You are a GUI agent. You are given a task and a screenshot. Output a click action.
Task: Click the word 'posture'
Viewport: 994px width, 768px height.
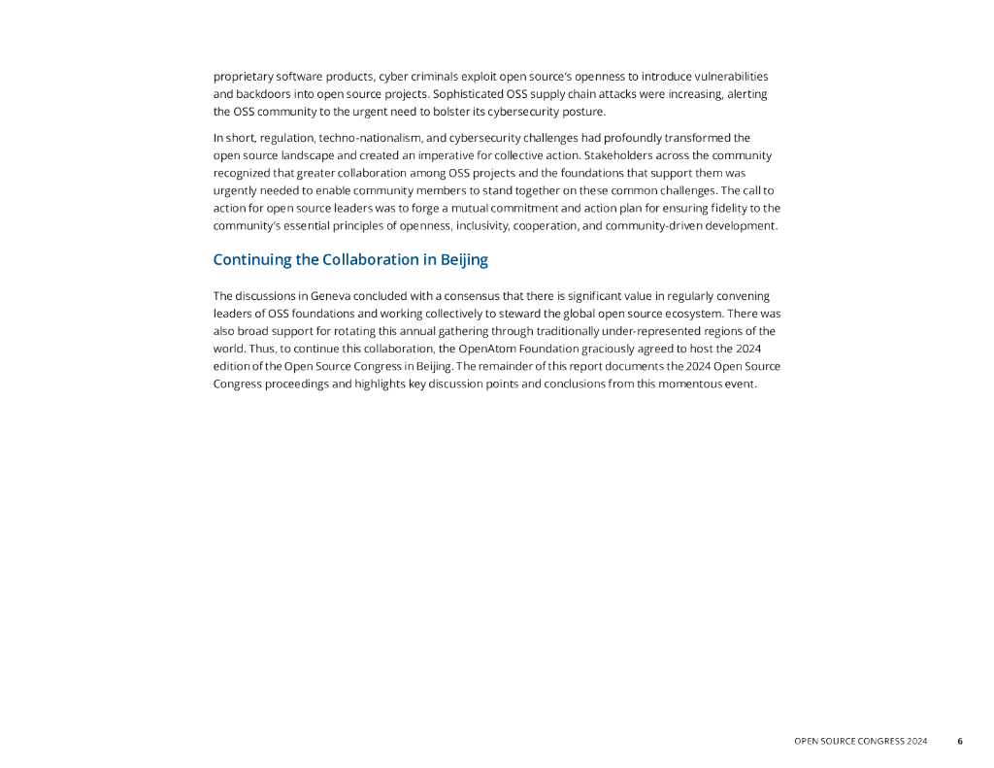[x=580, y=111]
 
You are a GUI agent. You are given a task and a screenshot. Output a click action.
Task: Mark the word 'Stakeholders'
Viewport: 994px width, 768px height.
[x=621, y=155]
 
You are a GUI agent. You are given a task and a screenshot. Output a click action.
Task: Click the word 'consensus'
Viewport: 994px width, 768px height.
[x=467, y=295]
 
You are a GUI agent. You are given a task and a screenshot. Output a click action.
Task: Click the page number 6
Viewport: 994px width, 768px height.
[x=960, y=742]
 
